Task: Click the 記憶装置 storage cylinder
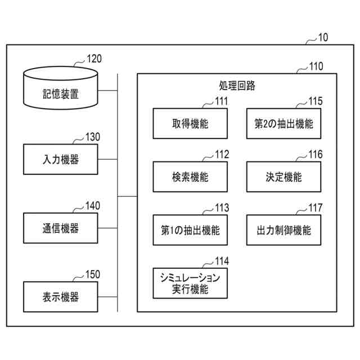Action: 61,88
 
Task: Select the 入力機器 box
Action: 61,159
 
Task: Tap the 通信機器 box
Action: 61,228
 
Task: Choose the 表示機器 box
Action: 61,296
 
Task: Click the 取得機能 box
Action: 190,124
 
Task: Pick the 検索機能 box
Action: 190,177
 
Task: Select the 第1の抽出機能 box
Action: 190,230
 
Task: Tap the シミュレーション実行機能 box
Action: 190,283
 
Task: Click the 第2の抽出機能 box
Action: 283,124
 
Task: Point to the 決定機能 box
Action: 283,177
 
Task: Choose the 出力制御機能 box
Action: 283,230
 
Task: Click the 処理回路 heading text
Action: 237,85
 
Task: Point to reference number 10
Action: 323,38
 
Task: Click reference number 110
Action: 316,66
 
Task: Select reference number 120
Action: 94,58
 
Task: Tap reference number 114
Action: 222,261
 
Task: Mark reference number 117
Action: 316,208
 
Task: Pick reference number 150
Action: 93,274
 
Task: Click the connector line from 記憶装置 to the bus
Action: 107,91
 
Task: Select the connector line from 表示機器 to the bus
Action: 107,296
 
